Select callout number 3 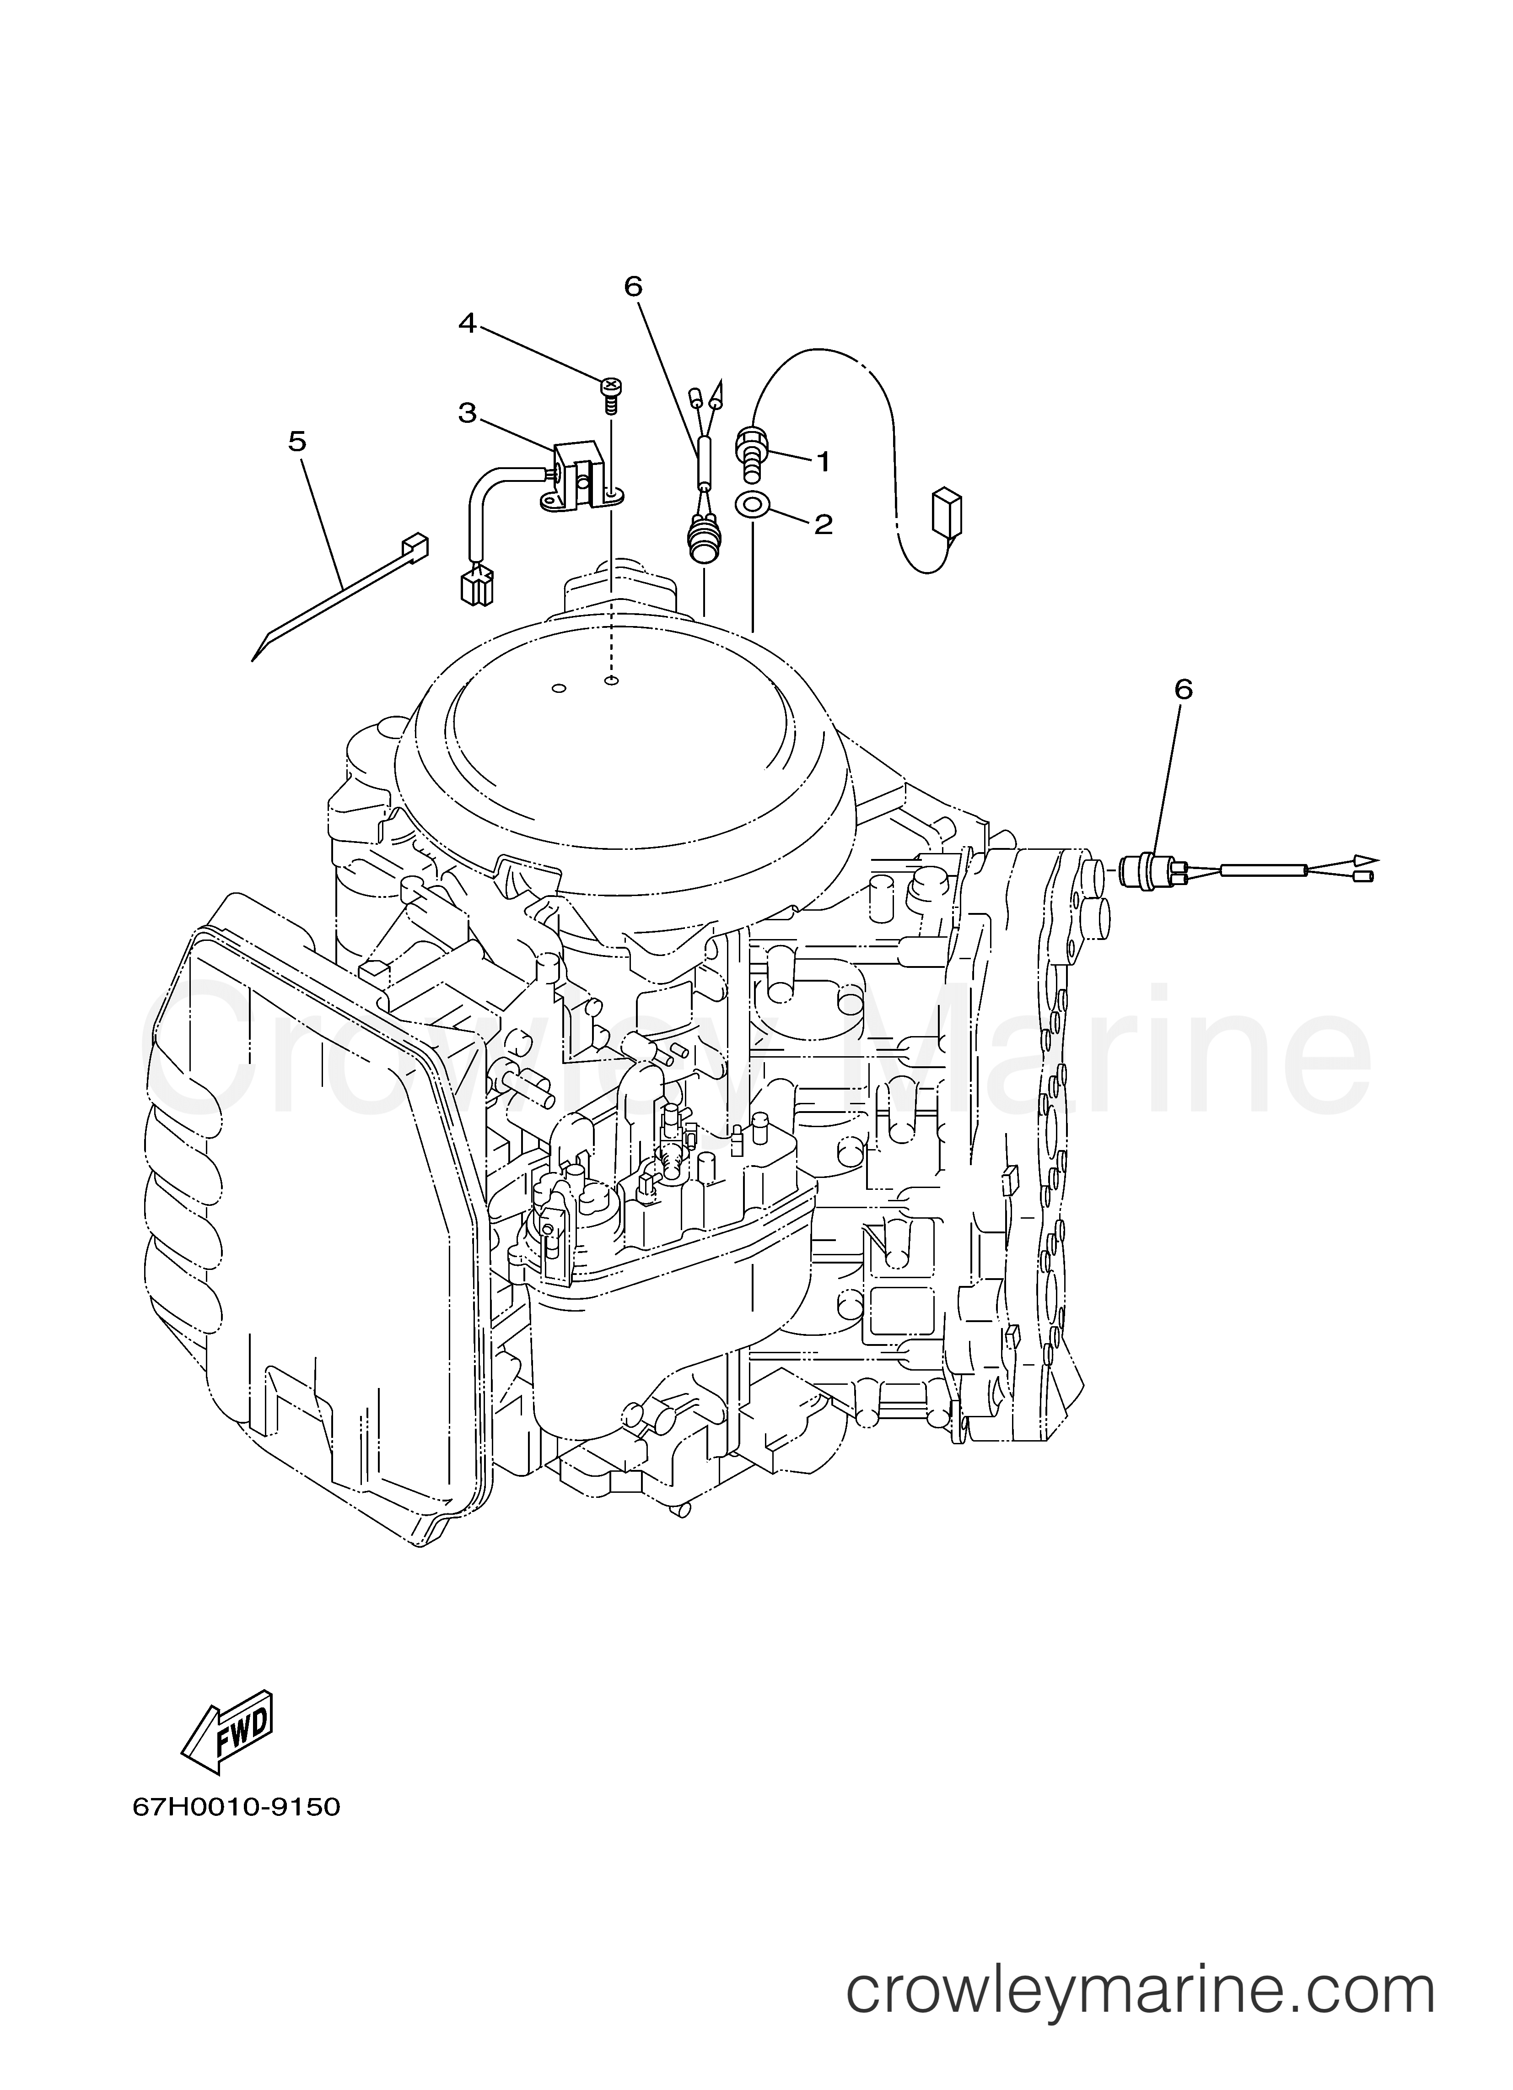(467, 413)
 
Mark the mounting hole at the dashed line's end (610, 682)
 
